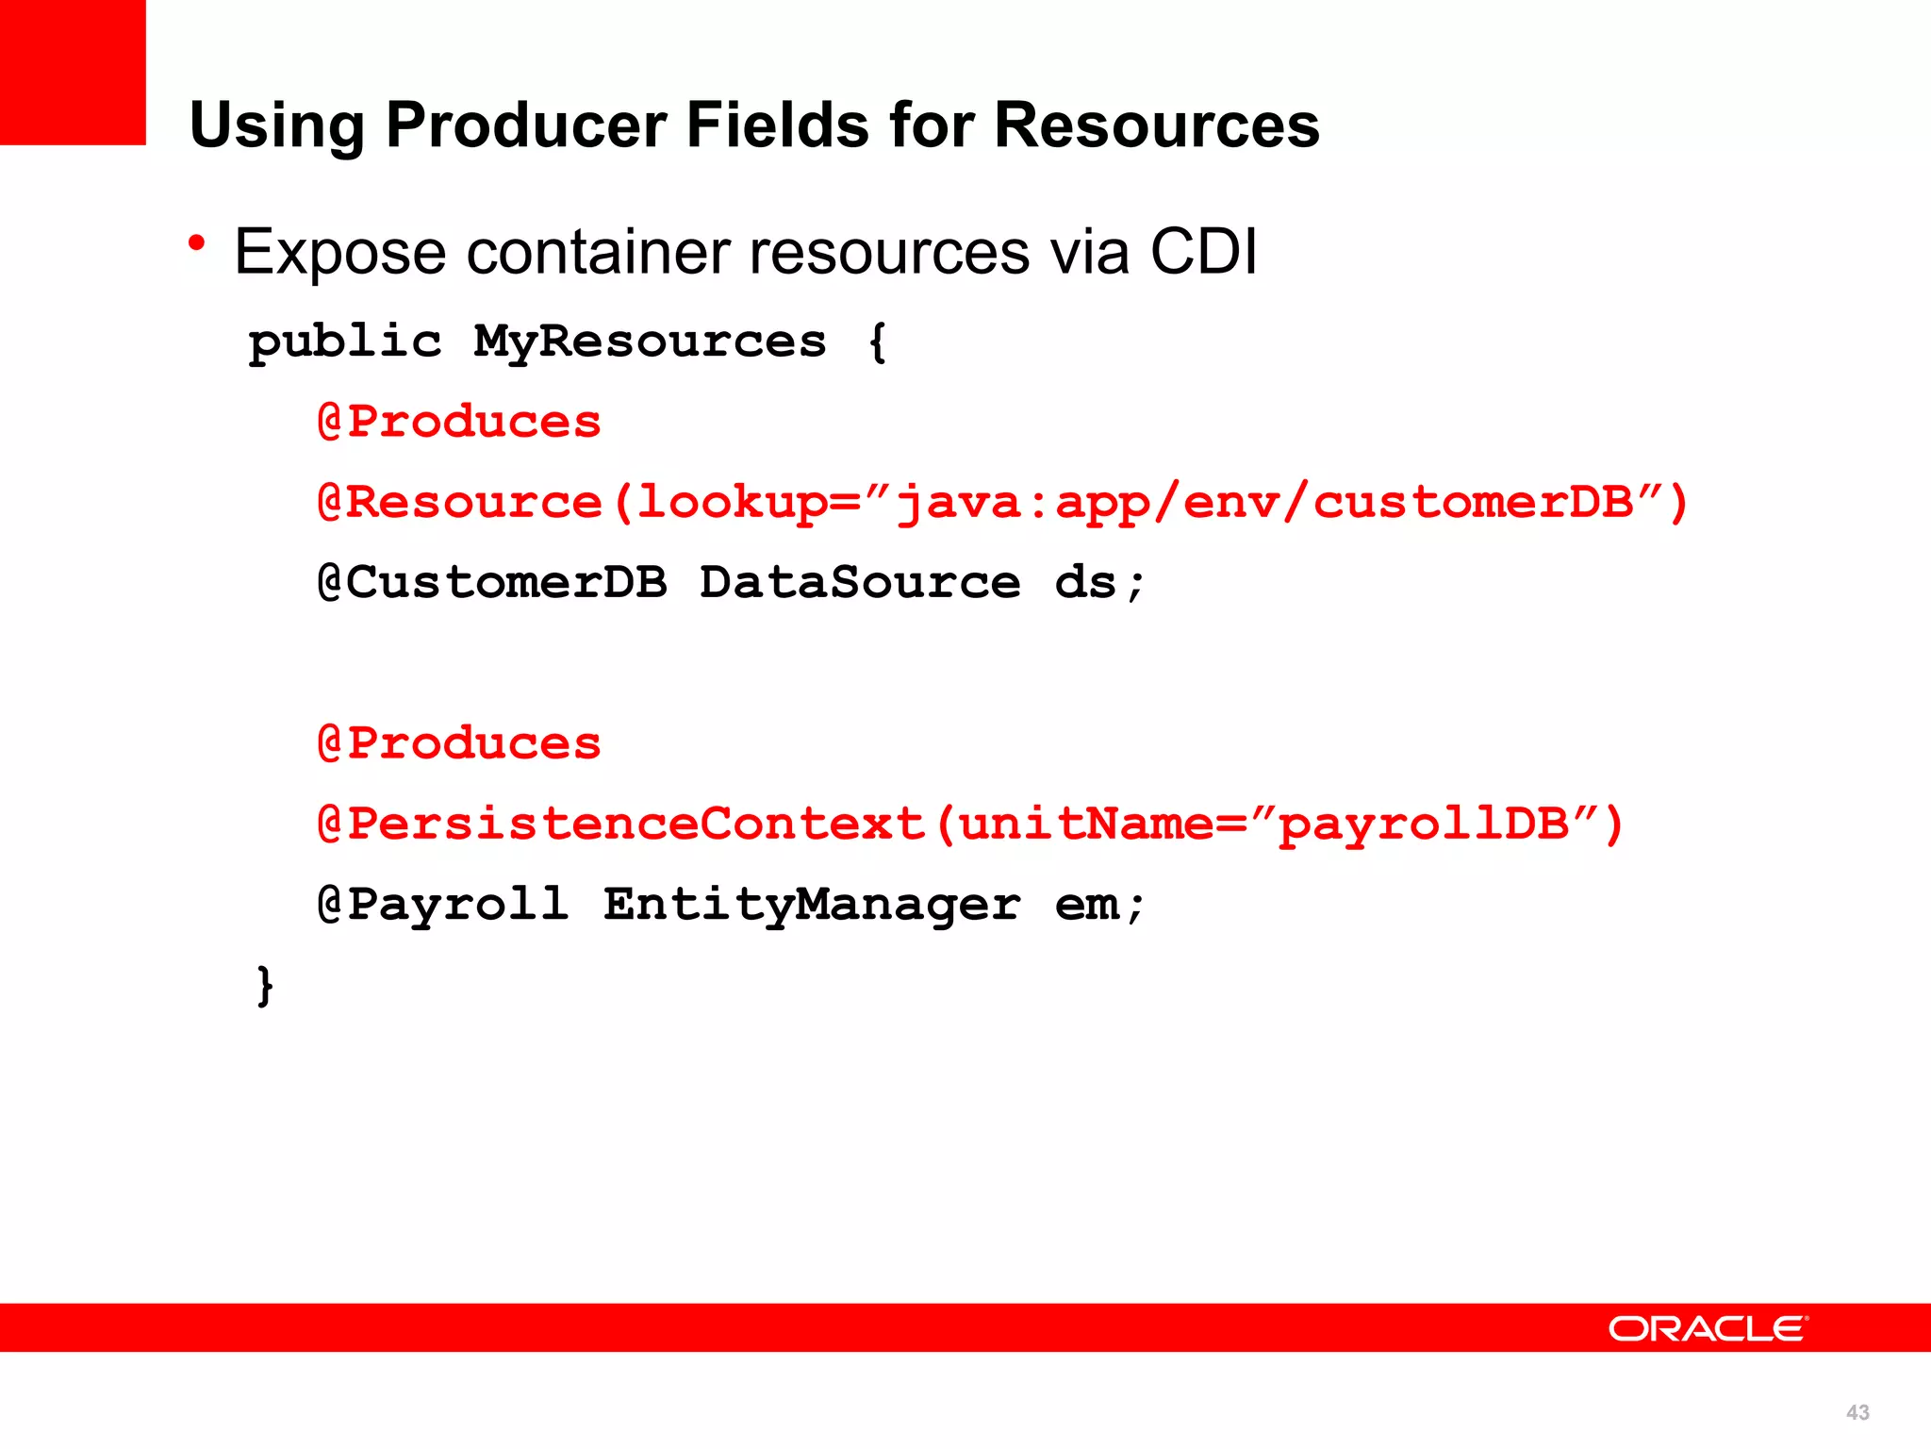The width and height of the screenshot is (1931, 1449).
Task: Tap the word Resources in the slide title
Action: [x=1157, y=125]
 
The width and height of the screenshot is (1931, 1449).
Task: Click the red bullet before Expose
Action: [x=196, y=244]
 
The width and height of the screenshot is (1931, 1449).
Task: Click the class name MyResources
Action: [x=650, y=341]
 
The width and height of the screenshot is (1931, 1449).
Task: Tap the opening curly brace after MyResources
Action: [x=877, y=341]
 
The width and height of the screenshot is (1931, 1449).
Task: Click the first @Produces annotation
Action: [x=459, y=422]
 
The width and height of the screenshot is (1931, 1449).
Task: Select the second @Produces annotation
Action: [x=459, y=743]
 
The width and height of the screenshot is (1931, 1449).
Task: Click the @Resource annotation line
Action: [x=1002, y=502]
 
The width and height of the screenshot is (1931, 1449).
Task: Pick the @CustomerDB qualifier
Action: [x=492, y=582]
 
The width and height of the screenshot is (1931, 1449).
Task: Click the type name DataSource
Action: [x=860, y=582]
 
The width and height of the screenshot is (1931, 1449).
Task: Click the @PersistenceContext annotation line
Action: [x=970, y=824]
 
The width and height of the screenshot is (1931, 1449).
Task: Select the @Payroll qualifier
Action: [x=443, y=905]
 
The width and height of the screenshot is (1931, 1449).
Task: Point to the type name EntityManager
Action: [x=812, y=905]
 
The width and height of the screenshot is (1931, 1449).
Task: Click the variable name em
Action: [x=1086, y=905]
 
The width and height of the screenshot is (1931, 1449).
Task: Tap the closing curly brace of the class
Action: [x=265, y=985]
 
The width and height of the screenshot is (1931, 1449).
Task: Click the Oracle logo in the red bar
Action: [x=1708, y=1328]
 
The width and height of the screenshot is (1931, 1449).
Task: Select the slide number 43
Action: [x=1857, y=1412]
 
